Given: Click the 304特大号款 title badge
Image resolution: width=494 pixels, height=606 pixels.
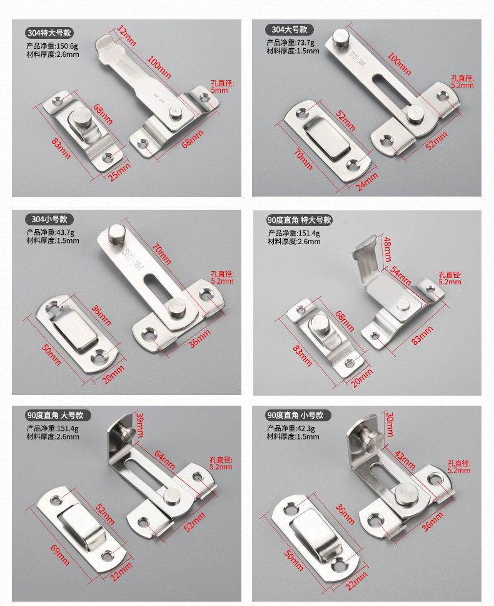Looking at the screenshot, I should pos(48,33).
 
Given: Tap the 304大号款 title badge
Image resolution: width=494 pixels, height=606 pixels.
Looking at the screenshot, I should pos(290,29).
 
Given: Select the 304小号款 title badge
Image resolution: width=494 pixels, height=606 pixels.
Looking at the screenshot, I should pos(49,219).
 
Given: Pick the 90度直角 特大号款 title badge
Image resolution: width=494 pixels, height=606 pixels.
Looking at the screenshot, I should pos(300,220).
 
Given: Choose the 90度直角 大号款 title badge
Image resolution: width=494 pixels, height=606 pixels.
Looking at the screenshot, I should pos(59,415).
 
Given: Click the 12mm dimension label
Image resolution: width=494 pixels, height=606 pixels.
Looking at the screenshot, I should pos(126,36).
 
